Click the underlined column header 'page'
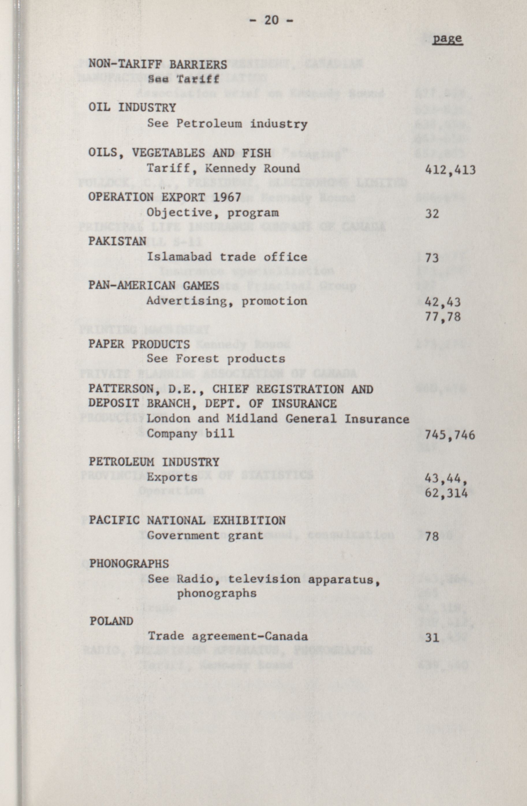click(x=447, y=39)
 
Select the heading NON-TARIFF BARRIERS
click(x=158, y=64)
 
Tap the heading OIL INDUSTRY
click(x=132, y=108)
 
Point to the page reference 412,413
click(x=450, y=169)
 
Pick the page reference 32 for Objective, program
click(x=432, y=214)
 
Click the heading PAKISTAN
click(x=117, y=241)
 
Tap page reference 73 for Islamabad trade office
click(x=432, y=258)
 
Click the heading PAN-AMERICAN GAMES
click(x=154, y=285)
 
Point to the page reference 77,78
click(x=443, y=317)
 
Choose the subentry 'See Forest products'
click(x=216, y=359)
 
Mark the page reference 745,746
click(x=450, y=435)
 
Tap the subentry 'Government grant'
click(x=205, y=536)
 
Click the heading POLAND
click(x=111, y=621)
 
